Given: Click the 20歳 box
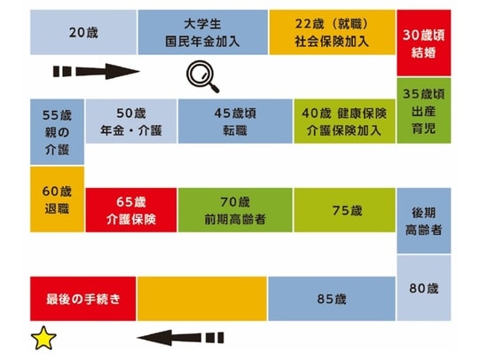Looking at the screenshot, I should point(83,33).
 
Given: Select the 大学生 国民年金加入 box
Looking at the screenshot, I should point(203,33).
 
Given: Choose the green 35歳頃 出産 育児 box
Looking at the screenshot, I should point(423,110).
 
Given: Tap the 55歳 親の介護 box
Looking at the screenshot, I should point(58,132).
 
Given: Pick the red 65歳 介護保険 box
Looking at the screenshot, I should point(130,210).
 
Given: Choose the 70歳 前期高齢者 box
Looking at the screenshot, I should point(235,210).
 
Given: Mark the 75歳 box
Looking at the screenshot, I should point(344,210).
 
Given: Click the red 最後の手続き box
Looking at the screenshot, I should point(83,299).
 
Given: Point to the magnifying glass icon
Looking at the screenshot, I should point(203,78).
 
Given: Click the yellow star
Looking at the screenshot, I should point(41,338).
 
